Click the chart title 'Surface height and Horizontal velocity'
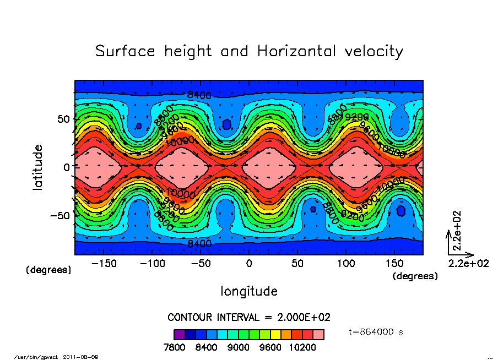(249, 51)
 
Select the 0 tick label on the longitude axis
(249, 264)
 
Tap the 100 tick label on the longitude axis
(346, 264)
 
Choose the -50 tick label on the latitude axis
(59, 215)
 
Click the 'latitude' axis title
(38, 167)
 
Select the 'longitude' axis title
(249, 291)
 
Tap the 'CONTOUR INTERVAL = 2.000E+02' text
(249, 318)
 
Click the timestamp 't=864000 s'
(377, 332)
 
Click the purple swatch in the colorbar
(179, 334)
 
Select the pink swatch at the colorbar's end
(319, 334)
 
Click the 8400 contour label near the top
(199, 95)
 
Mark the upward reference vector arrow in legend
(448, 243)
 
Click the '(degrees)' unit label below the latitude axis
(48, 270)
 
